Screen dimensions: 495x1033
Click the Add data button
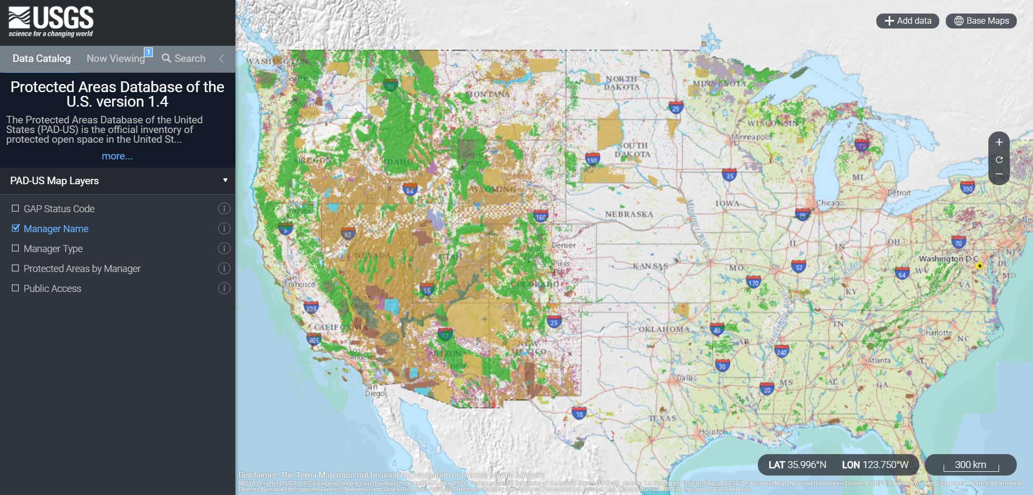coord(908,21)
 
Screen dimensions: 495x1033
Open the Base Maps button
coord(981,21)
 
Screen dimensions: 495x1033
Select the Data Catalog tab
coord(41,59)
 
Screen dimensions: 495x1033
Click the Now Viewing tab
coord(116,59)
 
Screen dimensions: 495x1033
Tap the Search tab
coord(184,59)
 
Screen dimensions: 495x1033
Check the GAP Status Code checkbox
coord(16,208)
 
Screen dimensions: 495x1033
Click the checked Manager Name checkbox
coord(16,228)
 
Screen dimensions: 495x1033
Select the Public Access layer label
coord(52,289)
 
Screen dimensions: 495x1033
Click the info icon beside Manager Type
coord(224,248)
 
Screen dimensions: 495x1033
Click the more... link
coord(117,156)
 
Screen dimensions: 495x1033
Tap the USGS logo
coord(51,22)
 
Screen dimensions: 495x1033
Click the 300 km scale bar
coord(971,465)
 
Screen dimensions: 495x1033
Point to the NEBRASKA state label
coord(629,214)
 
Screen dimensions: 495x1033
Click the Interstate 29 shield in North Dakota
coord(676,107)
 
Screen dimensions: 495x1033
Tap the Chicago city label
coord(830,203)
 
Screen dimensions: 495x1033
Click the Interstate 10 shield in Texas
coord(579,414)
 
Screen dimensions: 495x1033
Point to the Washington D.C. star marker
coord(980,266)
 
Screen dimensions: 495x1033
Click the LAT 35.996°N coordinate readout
coord(797,465)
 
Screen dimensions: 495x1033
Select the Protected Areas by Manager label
coord(82,269)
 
